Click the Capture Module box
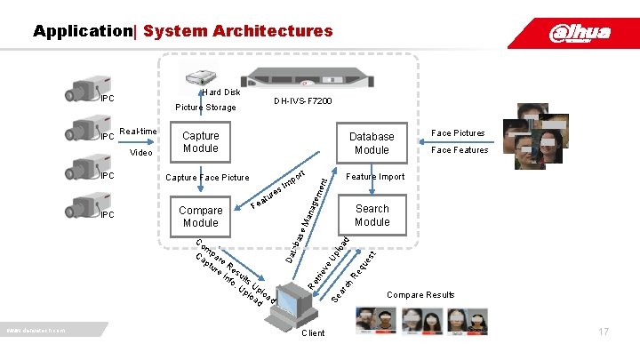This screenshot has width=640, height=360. (x=200, y=142)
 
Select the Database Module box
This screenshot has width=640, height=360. (x=372, y=143)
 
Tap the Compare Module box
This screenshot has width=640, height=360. (x=200, y=217)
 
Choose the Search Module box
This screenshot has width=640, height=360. (x=372, y=215)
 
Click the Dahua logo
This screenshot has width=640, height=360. (x=580, y=33)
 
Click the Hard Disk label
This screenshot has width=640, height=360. (x=220, y=92)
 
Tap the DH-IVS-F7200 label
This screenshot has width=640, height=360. (x=303, y=102)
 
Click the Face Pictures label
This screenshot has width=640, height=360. (x=458, y=133)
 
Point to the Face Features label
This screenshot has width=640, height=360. (x=460, y=150)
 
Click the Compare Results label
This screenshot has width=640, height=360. (x=420, y=295)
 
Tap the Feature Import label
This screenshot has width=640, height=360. (x=374, y=177)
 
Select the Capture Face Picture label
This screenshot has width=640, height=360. (x=208, y=177)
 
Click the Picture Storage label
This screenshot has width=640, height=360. (x=205, y=108)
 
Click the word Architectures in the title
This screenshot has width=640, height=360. (x=237, y=31)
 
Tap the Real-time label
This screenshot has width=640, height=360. (x=138, y=131)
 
